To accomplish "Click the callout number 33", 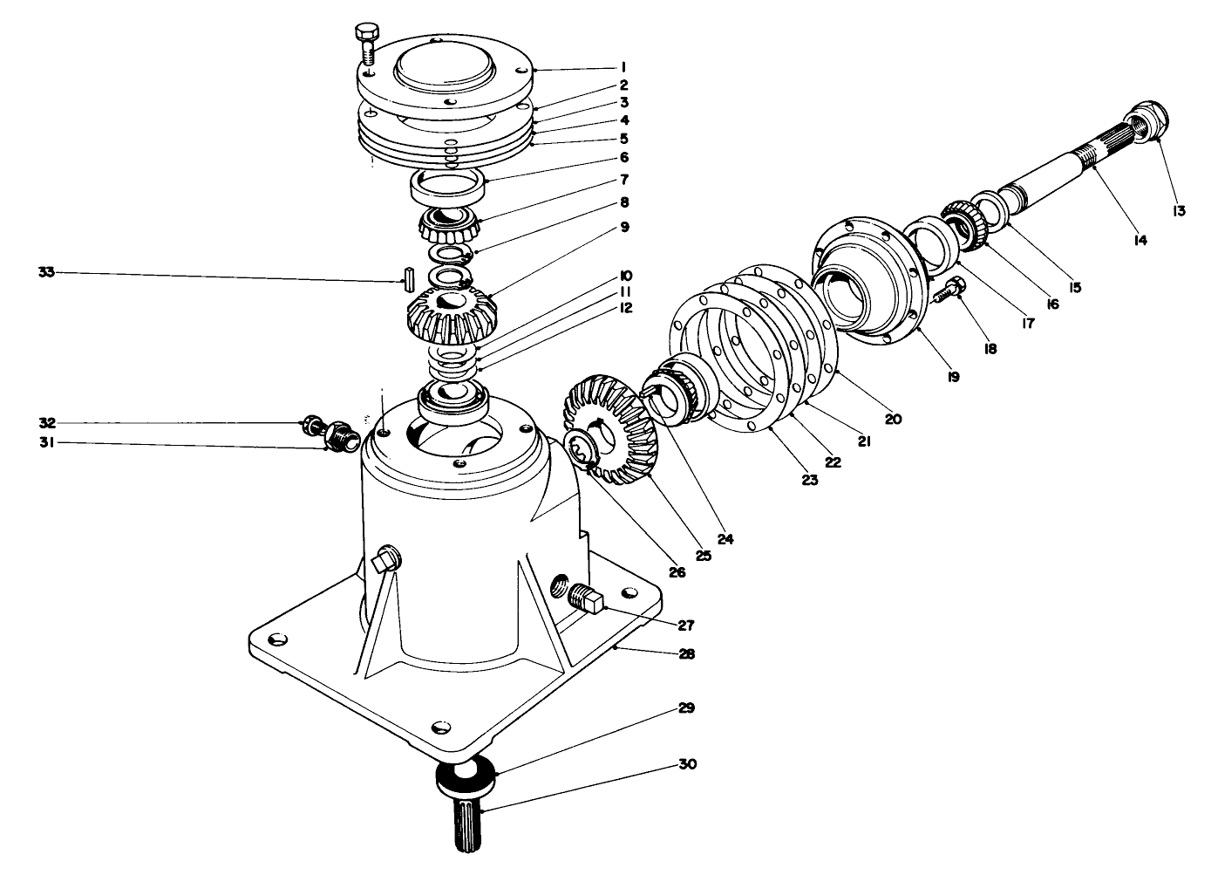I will [x=46, y=273].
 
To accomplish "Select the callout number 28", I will [x=687, y=653].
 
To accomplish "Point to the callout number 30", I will [x=687, y=764].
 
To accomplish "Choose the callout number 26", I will [x=677, y=572].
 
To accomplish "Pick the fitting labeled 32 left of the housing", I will [x=310, y=426].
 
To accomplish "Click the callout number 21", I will [x=864, y=441].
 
